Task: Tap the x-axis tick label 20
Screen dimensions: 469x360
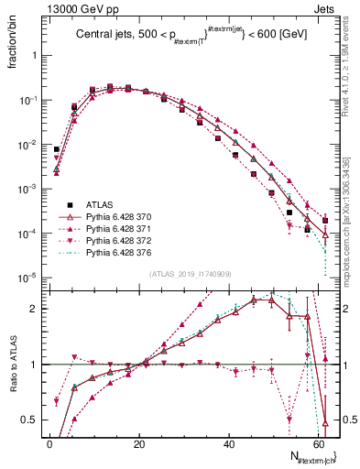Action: [139, 443]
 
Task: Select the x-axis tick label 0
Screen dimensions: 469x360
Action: [49, 443]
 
